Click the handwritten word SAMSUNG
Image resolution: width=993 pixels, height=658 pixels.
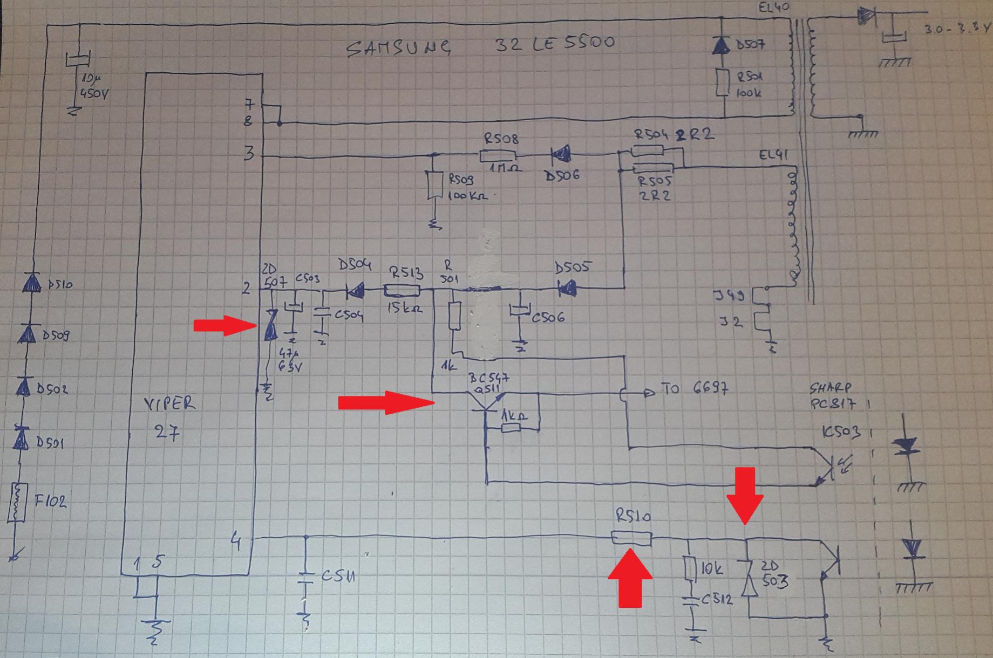point(398,48)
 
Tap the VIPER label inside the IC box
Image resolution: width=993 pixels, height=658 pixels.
point(170,403)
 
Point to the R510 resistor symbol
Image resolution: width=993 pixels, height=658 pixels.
point(631,538)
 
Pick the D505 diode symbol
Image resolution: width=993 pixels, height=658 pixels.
point(567,290)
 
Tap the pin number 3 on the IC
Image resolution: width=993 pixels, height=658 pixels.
point(248,154)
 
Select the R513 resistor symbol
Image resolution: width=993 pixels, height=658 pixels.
point(402,291)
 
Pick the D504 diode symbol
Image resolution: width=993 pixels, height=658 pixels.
point(355,291)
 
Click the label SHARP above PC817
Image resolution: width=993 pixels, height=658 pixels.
point(831,388)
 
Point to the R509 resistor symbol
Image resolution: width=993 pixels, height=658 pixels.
point(431,185)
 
